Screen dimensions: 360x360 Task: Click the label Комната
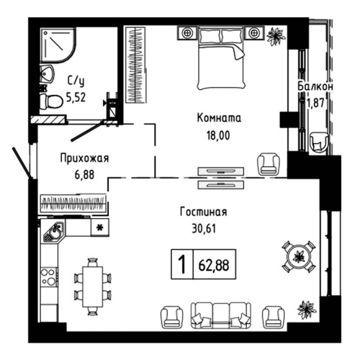click(219, 118)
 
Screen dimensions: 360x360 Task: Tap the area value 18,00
click(219, 133)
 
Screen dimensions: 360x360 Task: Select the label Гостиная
click(204, 212)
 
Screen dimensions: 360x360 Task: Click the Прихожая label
click(84, 159)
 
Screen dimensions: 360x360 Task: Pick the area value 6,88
click(84, 174)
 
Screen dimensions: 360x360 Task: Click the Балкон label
click(315, 86)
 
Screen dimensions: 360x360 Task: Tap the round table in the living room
click(297, 257)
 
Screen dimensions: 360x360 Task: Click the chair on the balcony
click(317, 142)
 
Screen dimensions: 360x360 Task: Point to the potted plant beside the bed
click(274, 35)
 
